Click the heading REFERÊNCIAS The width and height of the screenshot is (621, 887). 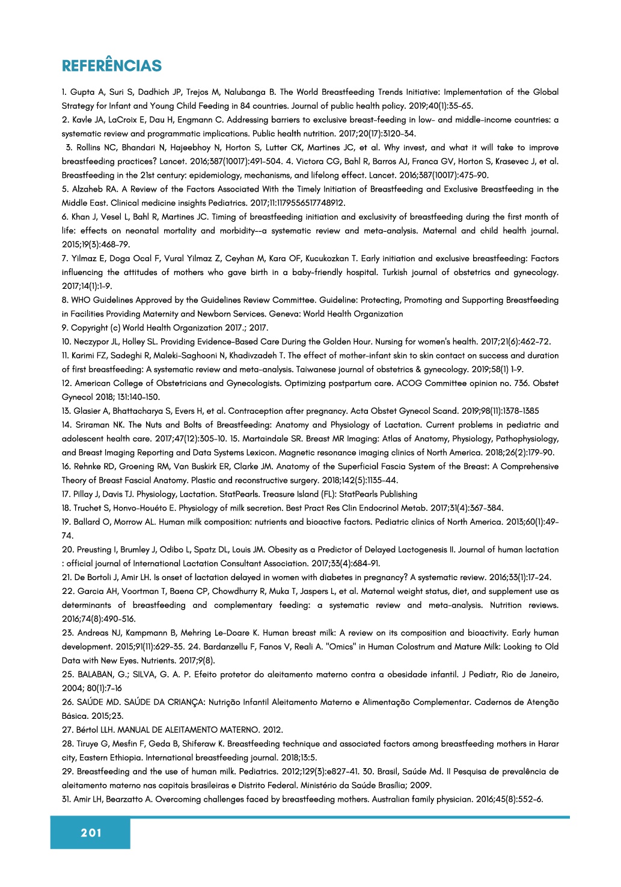pos(112,65)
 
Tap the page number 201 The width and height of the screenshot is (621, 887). pos(91,832)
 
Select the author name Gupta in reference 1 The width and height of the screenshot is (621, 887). pos(82,92)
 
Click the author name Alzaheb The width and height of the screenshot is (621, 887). pos(88,189)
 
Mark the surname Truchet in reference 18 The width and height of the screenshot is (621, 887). pos(90,508)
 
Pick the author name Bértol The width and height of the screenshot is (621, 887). pos(90,730)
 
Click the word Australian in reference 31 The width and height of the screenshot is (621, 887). pos(393,799)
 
